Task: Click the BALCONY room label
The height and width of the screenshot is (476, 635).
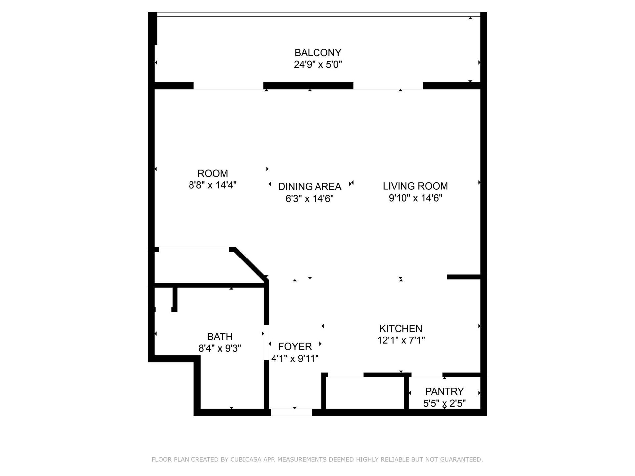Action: pos(317,53)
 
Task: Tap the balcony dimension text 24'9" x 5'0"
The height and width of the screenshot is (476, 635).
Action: pos(317,64)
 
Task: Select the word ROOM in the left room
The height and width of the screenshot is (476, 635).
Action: pos(213,173)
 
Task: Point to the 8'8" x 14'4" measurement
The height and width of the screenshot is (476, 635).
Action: pos(213,185)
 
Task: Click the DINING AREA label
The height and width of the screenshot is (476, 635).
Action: pos(310,187)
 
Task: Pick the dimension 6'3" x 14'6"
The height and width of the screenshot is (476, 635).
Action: pos(310,199)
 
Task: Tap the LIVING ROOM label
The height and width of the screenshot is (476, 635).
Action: pos(415,186)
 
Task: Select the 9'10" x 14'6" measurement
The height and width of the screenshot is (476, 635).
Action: pos(415,198)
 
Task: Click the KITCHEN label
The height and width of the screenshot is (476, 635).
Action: pos(401,329)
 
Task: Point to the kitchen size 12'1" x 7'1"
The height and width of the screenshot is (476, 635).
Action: pos(401,340)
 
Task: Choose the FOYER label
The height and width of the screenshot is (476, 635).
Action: pos(295,346)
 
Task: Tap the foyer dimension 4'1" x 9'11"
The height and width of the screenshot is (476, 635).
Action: pos(295,358)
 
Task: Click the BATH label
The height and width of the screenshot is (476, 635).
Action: pos(220,337)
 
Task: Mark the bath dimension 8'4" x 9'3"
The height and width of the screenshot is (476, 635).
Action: pos(220,348)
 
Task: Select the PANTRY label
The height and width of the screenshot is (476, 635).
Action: pos(444,391)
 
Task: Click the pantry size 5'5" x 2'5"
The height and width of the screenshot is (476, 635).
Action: pos(444,403)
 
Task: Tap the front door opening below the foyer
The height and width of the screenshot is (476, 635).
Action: pos(291,412)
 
